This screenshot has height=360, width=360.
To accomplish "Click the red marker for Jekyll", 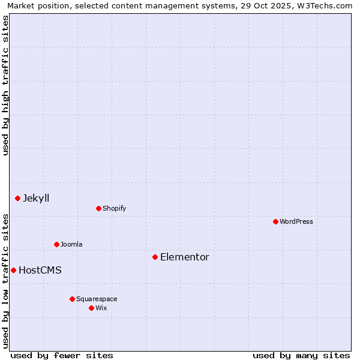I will pyautogui.click(x=17, y=198).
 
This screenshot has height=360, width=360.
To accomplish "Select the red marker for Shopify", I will pyautogui.click(x=98, y=208).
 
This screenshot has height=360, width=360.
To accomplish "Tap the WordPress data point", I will pyautogui.click(x=275, y=221).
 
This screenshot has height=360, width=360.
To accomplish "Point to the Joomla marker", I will pyautogui.click(x=56, y=244).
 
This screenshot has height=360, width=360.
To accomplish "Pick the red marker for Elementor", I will pyautogui.click(x=155, y=257).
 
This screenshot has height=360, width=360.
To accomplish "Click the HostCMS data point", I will pyautogui.click(x=13, y=270).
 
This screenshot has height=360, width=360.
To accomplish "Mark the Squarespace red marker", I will pyautogui.click(x=72, y=299).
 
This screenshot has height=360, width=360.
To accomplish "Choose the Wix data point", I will pyautogui.click(x=91, y=308).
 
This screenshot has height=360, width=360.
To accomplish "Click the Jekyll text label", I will pyautogui.click(x=36, y=199).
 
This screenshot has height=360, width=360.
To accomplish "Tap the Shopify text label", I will pyautogui.click(x=114, y=209).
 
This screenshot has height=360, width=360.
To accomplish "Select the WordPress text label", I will pyautogui.click(x=296, y=222).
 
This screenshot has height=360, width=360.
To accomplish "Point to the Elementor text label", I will pyautogui.click(x=184, y=257).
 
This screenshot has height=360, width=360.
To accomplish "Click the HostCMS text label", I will pyautogui.click(x=40, y=271).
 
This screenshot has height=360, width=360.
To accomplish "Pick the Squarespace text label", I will pyautogui.click(x=97, y=299).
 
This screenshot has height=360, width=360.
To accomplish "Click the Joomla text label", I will pyautogui.click(x=71, y=245).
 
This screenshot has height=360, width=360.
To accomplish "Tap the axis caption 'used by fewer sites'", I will pyautogui.click(x=62, y=355).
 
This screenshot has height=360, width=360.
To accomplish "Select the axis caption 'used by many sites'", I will pyautogui.click(x=301, y=355).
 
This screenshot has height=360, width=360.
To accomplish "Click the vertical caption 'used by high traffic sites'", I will pyautogui.click(x=5, y=85).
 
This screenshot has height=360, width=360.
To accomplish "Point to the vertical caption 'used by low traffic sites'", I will pyautogui.click(x=5, y=280).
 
